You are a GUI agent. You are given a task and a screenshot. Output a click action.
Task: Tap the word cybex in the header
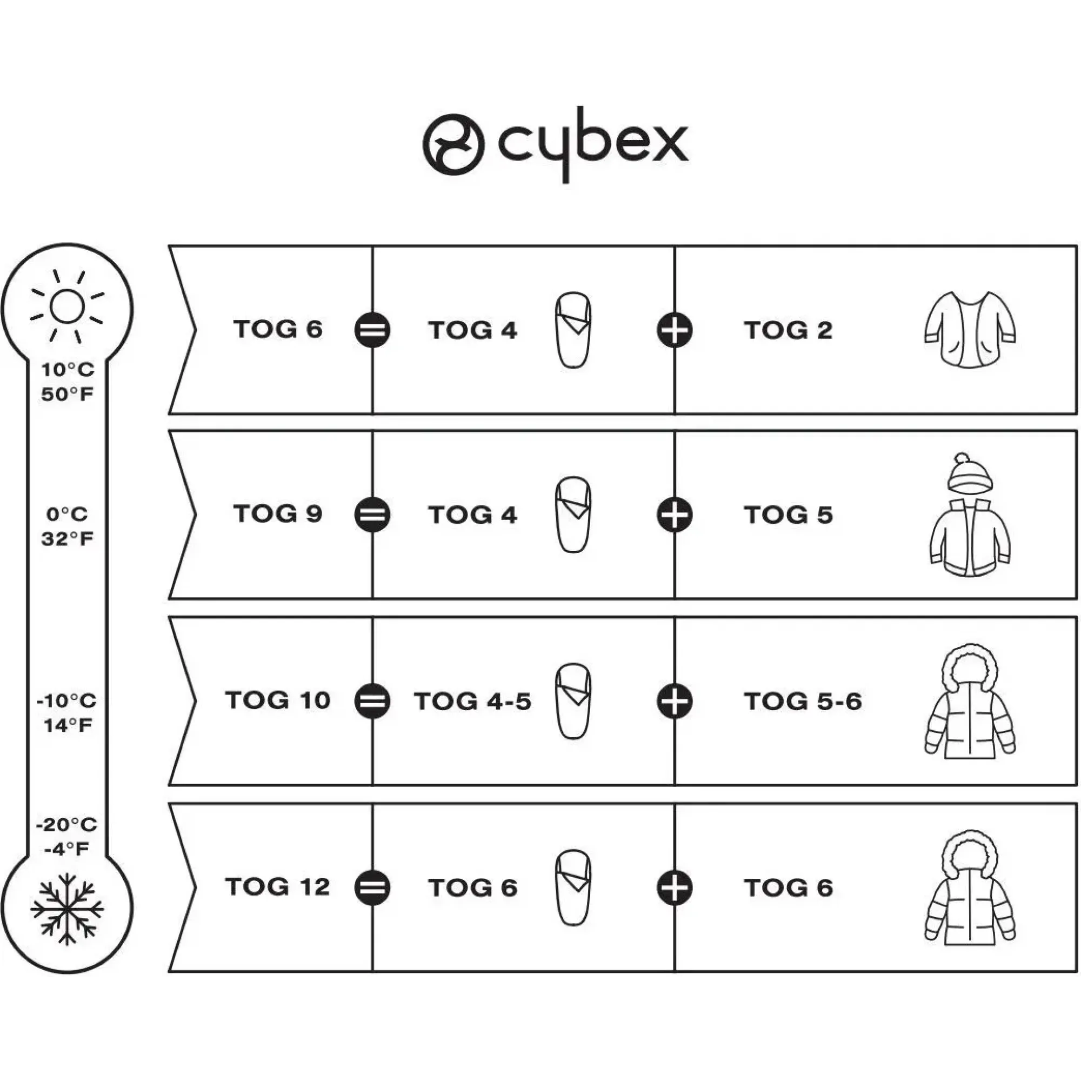point(593,144)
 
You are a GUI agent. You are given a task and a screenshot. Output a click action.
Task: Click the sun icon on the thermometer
point(67,306)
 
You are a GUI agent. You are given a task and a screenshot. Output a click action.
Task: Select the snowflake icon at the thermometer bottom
point(67,909)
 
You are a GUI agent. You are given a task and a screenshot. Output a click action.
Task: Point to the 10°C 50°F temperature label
point(67,382)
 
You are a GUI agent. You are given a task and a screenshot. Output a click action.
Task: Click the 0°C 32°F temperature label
point(67,526)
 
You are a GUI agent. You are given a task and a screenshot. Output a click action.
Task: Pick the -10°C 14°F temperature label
point(67,713)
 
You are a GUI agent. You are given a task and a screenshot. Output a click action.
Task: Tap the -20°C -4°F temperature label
point(67,837)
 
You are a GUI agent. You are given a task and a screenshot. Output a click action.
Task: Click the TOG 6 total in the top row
point(278,329)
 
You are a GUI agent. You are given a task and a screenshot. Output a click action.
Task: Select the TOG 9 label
point(278,513)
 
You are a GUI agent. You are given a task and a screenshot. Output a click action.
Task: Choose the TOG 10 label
point(278,700)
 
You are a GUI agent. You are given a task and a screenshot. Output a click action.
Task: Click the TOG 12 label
point(278,886)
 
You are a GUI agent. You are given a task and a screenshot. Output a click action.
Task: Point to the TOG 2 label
point(789,330)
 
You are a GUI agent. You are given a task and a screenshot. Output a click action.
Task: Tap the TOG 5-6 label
point(803,701)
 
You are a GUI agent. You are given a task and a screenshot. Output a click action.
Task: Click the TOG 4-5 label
point(473,701)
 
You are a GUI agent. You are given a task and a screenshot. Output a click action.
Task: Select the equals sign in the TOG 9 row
point(372,515)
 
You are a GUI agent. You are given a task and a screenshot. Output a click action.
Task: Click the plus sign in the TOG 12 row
point(675,888)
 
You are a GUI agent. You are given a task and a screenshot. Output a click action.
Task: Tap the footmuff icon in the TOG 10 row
point(573,701)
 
